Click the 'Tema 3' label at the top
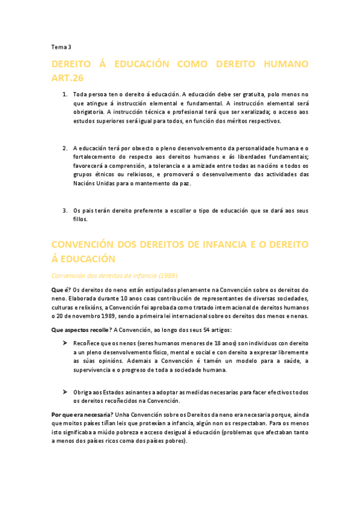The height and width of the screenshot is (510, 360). pos(61,47)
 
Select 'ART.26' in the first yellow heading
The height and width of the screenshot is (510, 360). pos(67,78)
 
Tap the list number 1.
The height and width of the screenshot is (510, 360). pos(64,95)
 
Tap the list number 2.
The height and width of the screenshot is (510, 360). pos(64,149)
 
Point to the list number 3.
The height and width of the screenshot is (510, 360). pos(64,210)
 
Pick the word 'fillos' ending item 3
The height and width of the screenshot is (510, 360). pos(81,219)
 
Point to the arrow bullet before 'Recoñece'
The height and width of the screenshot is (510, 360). pos(65,343)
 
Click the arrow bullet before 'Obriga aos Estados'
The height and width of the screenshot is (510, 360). pos(65,392)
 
